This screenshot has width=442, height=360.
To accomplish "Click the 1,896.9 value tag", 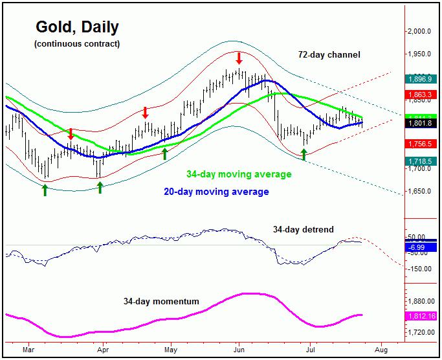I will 423,78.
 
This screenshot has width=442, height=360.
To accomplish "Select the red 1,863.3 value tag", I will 423,94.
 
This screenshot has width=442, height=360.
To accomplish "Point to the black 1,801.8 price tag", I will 423,122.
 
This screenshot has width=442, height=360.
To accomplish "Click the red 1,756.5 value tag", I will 423,143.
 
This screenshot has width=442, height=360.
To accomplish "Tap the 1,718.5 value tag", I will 423,161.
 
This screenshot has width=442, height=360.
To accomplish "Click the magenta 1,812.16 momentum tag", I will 423,316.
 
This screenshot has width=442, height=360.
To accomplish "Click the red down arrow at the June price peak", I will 239,58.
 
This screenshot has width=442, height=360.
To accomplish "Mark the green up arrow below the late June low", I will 304,155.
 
